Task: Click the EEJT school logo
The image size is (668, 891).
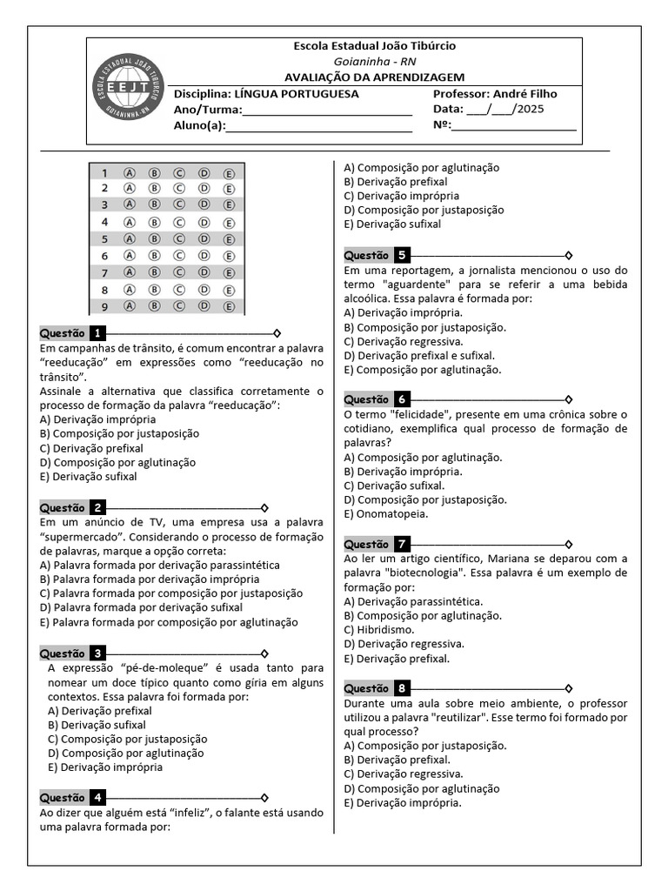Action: click(x=127, y=90)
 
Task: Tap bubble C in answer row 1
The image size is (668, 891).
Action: click(x=179, y=172)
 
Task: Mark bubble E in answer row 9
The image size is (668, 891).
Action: click(x=230, y=306)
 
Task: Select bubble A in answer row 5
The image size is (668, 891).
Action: click(x=130, y=238)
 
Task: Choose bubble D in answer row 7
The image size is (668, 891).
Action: click(x=204, y=272)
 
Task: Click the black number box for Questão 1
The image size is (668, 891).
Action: click(x=97, y=333)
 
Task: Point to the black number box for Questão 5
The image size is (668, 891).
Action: click(x=401, y=256)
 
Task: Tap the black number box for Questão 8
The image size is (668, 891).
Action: click(x=401, y=688)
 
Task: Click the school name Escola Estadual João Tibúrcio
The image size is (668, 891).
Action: click(x=374, y=46)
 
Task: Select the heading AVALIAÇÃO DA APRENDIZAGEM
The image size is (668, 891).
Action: click(x=374, y=77)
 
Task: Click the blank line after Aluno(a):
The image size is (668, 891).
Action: click(x=318, y=127)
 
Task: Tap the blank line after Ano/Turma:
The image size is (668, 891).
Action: click(x=327, y=111)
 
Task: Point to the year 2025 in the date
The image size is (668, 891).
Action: click(x=530, y=110)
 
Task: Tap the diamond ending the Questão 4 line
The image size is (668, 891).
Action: click(x=264, y=798)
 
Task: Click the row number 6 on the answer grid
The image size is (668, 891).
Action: click(x=104, y=256)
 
